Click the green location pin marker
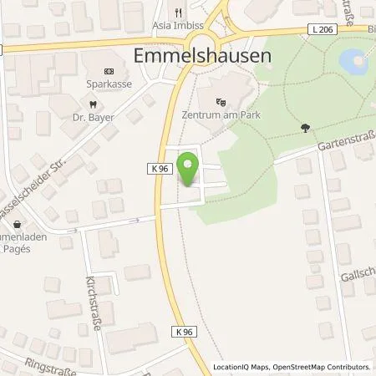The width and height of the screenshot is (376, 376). [189, 166]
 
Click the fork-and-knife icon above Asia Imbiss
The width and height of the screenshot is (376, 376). [176, 12]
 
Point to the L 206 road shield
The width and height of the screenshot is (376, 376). [328, 29]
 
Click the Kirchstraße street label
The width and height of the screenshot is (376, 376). [94, 306]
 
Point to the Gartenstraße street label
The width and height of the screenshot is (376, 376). [347, 144]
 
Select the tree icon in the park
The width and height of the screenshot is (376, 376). [303, 128]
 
